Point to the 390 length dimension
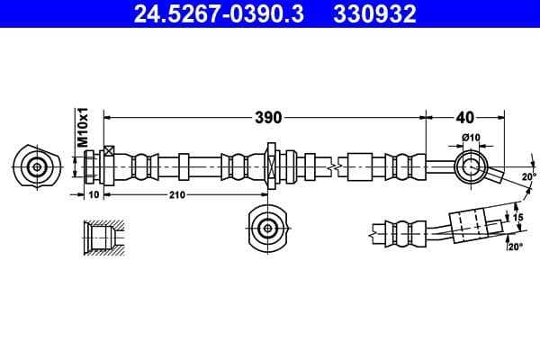click(x=268, y=117)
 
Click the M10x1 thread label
click(x=81, y=127)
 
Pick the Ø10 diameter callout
click(x=470, y=137)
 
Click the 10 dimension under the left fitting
click(x=94, y=195)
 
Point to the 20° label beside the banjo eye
click(x=528, y=176)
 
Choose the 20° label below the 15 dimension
click(x=514, y=246)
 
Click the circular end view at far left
click(x=37, y=166)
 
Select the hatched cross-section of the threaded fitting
click(x=101, y=238)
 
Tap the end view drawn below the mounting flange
click(x=268, y=229)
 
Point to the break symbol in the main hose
click(x=333, y=166)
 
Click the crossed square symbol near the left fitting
click(x=109, y=150)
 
